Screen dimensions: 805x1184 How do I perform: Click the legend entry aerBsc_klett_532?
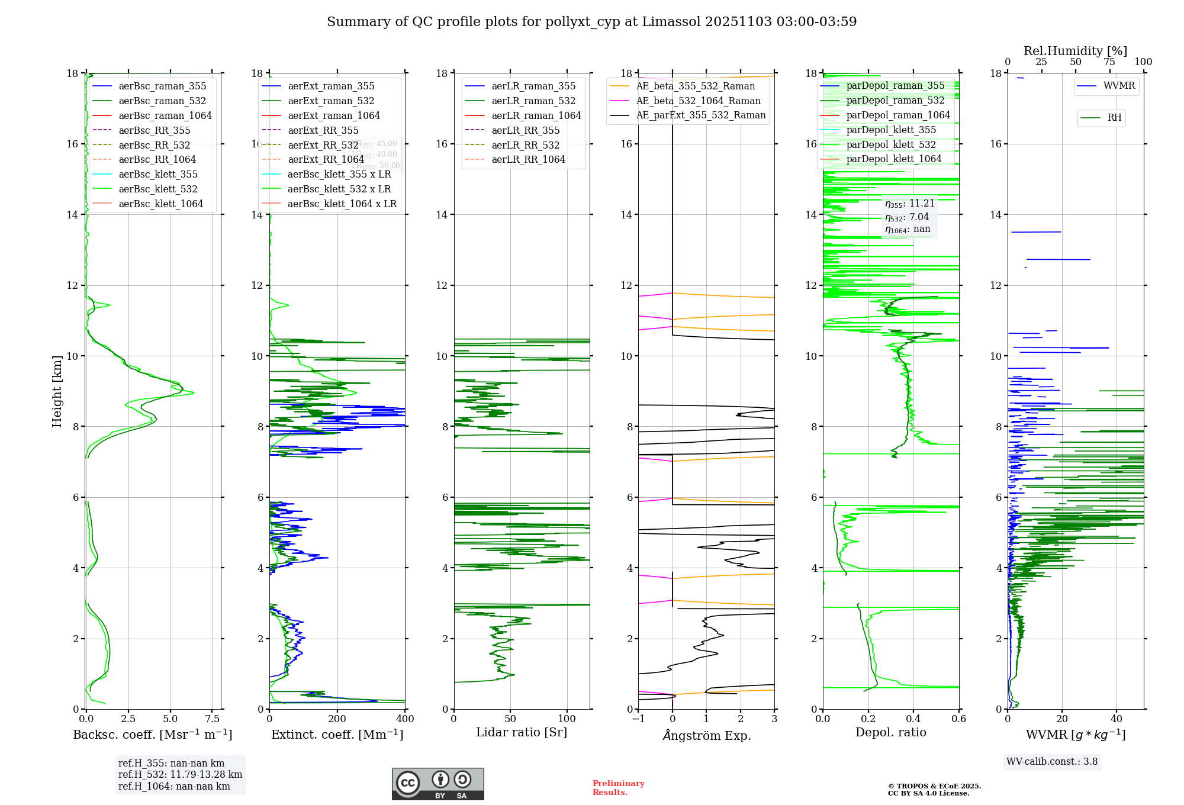click(157, 189)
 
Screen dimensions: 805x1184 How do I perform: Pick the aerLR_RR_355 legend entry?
click(525, 130)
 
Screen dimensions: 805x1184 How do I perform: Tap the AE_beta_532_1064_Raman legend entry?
click(698, 101)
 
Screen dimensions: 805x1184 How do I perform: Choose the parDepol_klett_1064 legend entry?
click(893, 159)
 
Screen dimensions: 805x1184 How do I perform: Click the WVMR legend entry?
click(1119, 86)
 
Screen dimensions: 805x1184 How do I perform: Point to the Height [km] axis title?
click(57, 391)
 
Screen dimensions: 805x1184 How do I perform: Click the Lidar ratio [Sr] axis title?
click(522, 732)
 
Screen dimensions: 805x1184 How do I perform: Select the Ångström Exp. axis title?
click(706, 735)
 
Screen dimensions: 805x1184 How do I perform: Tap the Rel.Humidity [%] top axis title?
click(1075, 51)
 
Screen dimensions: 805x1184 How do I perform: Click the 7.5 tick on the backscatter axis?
click(213, 719)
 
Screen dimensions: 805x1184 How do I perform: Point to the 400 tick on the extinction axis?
click(405, 719)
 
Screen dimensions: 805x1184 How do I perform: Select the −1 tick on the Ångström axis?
click(638, 719)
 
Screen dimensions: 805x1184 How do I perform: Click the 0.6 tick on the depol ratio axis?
click(958, 719)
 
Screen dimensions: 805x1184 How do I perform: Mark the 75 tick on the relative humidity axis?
click(1109, 62)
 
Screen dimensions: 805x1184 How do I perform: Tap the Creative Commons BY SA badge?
click(437, 784)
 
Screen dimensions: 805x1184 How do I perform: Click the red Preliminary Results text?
click(618, 788)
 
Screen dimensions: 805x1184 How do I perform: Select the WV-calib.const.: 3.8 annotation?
click(1052, 762)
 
